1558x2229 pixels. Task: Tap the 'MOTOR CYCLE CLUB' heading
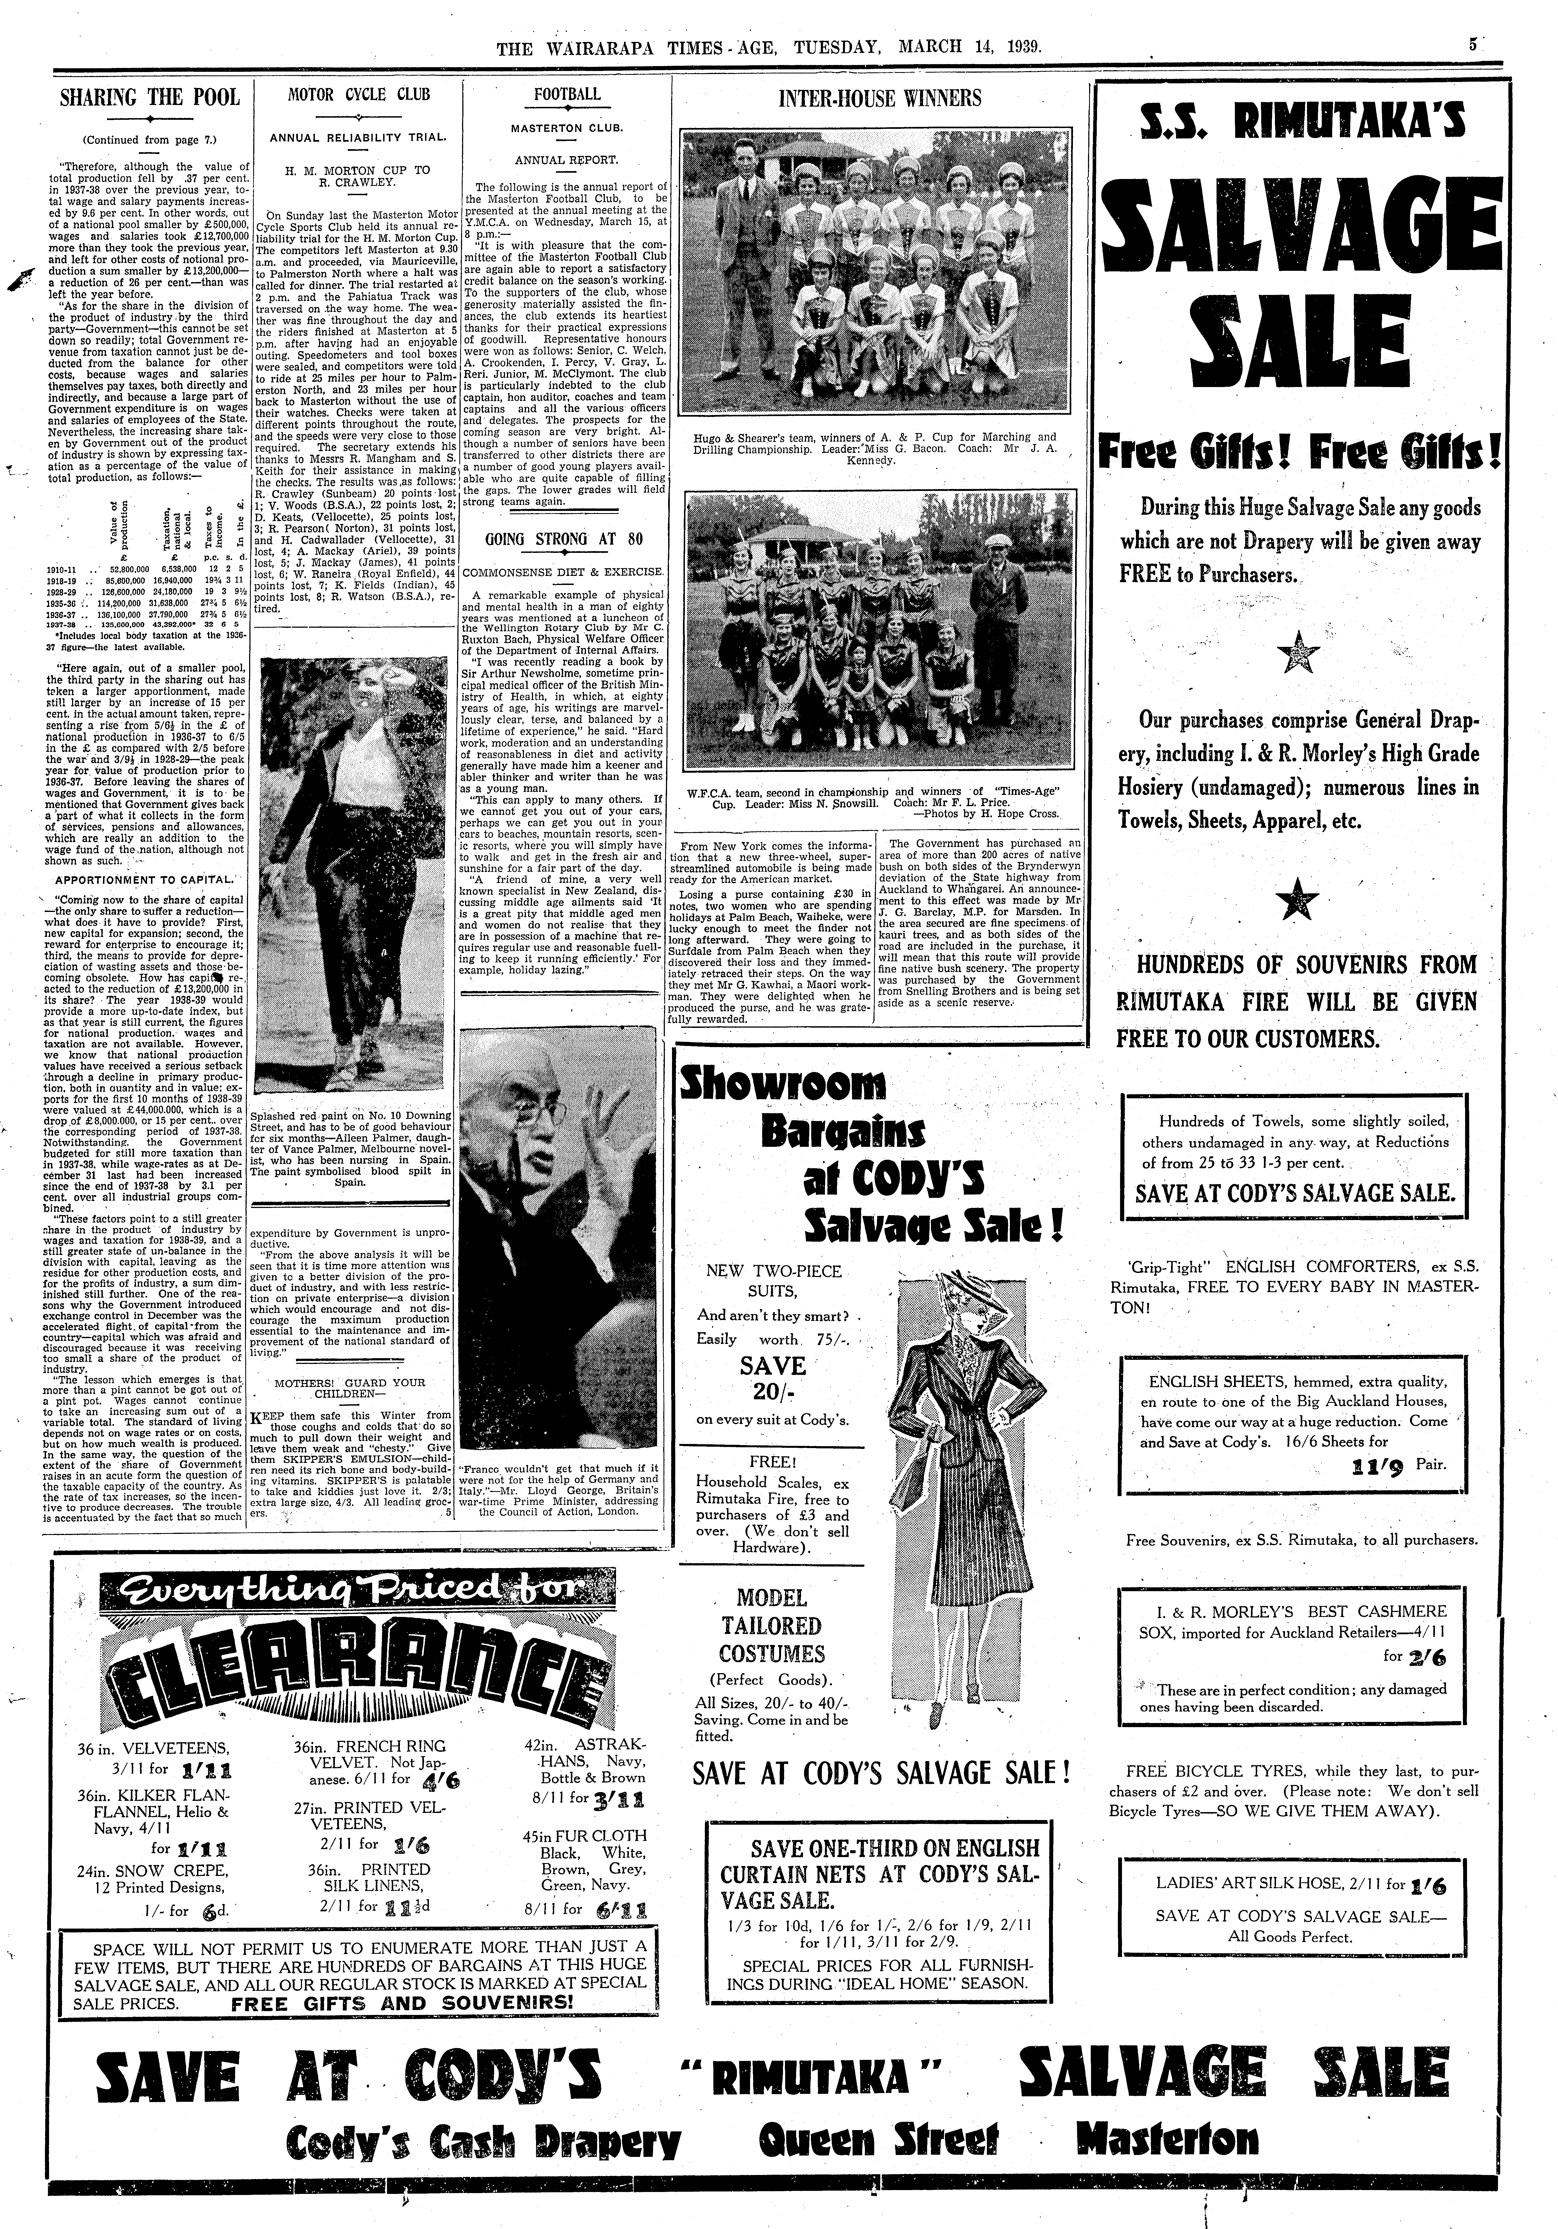(x=359, y=95)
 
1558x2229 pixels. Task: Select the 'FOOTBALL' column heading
(x=567, y=94)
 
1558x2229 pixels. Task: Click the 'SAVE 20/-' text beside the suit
(x=773, y=1378)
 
